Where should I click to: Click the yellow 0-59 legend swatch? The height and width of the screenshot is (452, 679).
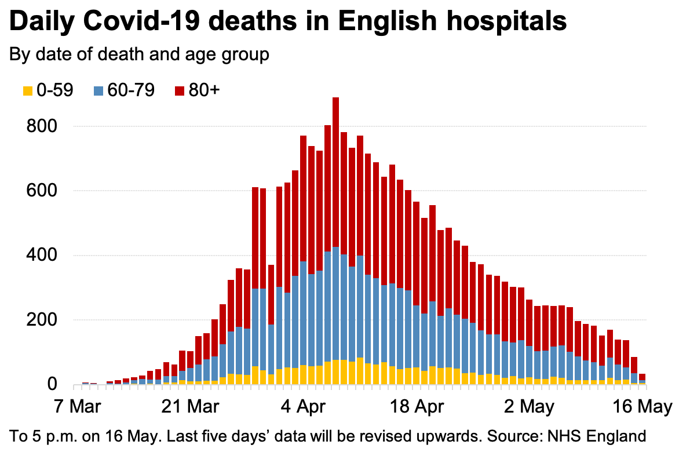coord(27,91)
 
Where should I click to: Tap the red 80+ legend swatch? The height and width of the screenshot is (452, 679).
coord(179,91)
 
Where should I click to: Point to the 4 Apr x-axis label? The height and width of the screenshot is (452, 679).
coord(303,404)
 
